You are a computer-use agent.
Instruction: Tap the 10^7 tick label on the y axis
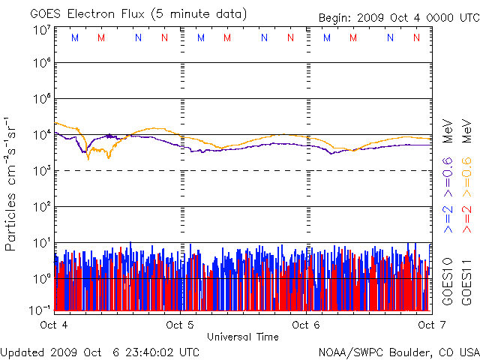pyautogui.click(x=42, y=30)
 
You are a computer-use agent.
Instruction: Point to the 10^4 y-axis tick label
pyautogui.click(x=42, y=134)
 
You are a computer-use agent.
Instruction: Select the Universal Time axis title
pyautogui.click(x=242, y=337)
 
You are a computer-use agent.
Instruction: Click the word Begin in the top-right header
pyautogui.click(x=335, y=17)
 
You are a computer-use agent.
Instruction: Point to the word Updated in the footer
pyautogui.click(x=21, y=351)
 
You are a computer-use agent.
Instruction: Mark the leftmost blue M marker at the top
pyautogui.click(x=73, y=37)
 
